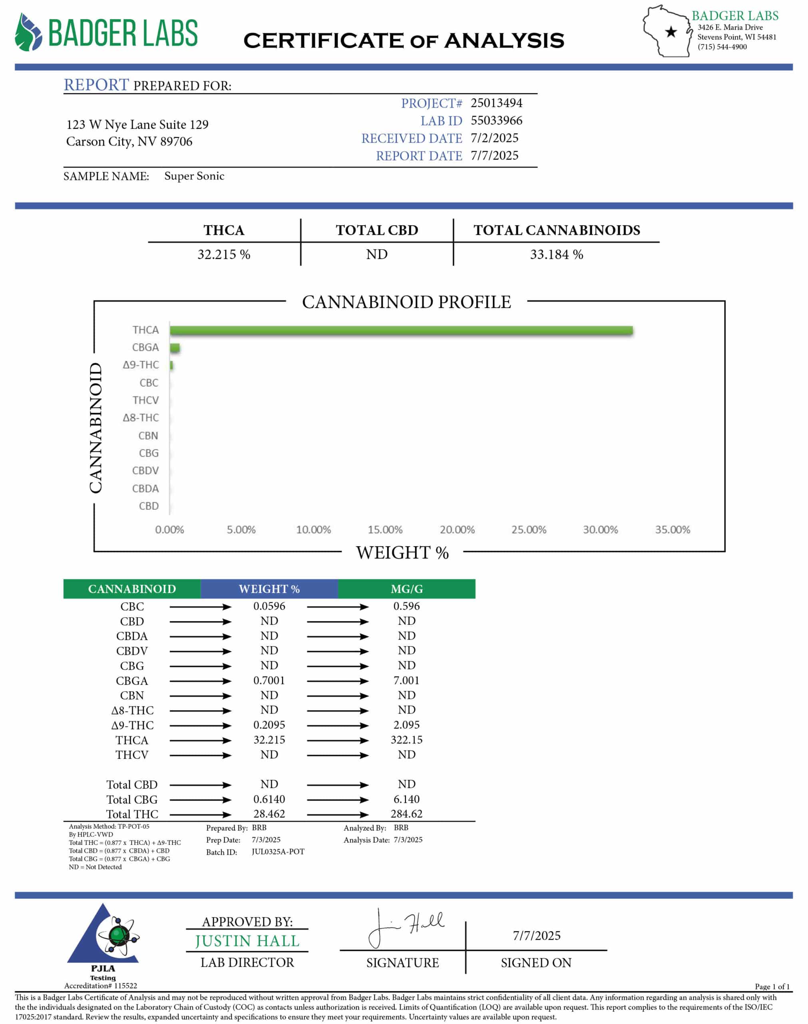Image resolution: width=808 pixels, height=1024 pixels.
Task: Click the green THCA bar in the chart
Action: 401,330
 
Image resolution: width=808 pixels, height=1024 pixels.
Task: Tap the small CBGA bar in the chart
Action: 175,348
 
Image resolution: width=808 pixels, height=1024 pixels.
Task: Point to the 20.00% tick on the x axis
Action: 457,529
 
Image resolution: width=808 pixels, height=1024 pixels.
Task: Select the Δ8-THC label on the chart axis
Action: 141,418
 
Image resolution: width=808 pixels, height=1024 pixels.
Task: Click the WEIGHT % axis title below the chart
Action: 402,552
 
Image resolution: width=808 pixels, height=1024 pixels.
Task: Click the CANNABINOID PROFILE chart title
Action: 406,302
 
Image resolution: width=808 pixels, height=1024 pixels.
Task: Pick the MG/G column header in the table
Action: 406,589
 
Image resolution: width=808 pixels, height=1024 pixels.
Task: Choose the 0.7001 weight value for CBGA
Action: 269,680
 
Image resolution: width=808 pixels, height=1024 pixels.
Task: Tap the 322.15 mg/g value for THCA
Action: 406,740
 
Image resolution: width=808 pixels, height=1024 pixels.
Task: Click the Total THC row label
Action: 132,814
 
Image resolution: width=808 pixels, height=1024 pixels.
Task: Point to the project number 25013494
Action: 496,103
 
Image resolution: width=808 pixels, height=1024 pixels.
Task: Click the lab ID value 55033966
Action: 496,120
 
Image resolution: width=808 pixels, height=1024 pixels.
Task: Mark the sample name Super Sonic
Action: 194,176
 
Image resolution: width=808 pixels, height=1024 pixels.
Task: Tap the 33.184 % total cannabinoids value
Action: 556,254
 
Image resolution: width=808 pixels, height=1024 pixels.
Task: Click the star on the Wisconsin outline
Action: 671,32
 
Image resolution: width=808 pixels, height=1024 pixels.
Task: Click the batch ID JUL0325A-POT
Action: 278,852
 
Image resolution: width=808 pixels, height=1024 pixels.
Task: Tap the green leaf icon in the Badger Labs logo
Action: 28,32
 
